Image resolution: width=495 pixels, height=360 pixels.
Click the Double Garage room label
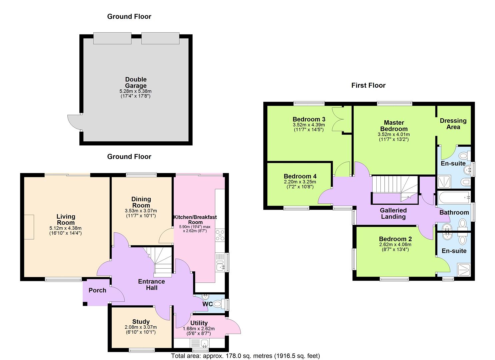point(136,83)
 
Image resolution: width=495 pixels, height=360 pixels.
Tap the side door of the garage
point(74,122)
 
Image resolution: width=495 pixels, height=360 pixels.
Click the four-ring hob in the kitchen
point(220,235)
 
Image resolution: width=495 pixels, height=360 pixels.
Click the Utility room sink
point(199,343)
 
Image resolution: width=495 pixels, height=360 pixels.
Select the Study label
point(141,322)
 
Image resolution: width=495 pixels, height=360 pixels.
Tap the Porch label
point(97,290)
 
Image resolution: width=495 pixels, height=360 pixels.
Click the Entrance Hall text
point(151,284)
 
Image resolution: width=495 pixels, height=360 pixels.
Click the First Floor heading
point(368,85)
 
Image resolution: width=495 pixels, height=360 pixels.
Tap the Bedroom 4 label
point(300,176)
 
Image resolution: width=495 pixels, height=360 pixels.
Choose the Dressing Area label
point(453,124)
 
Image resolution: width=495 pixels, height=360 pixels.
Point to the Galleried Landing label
point(393,213)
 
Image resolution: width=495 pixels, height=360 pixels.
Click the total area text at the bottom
point(245,356)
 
